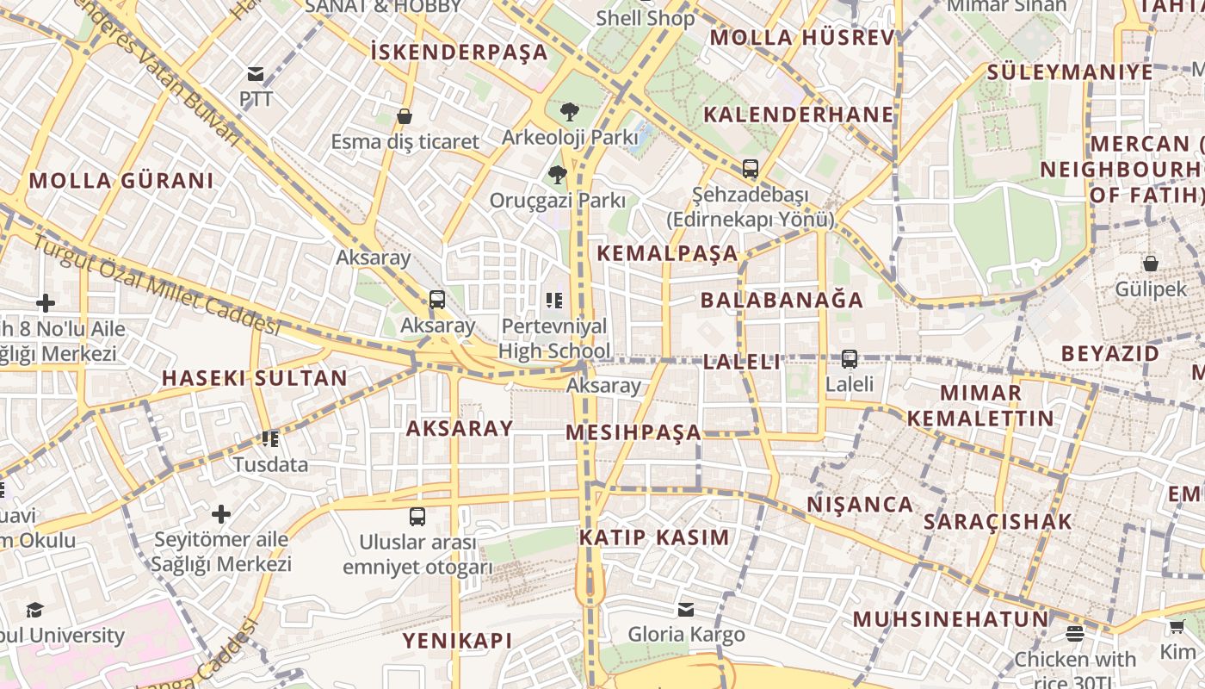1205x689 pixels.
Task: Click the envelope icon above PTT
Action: (x=256, y=73)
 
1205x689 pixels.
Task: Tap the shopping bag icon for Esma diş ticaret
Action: (x=405, y=115)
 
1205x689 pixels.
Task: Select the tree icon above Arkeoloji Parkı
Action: (x=569, y=110)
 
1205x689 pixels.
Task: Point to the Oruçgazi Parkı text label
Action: (x=558, y=201)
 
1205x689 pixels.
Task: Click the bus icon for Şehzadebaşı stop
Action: (x=751, y=168)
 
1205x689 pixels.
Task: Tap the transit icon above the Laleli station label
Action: (x=850, y=358)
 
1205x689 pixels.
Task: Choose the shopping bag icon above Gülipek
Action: (x=1151, y=263)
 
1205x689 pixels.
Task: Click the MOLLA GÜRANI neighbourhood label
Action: (x=120, y=181)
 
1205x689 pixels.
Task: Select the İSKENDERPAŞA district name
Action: (x=459, y=52)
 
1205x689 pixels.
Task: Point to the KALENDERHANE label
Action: (x=799, y=115)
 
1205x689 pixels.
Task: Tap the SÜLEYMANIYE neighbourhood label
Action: (x=1070, y=71)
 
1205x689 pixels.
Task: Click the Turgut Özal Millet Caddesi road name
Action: (x=157, y=283)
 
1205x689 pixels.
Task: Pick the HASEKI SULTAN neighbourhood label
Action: (x=255, y=377)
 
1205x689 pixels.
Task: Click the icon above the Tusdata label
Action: (x=270, y=439)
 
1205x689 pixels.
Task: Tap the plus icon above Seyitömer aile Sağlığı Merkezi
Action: (x=221, y=514)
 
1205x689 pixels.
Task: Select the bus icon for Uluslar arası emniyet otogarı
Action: (x=417, y=516)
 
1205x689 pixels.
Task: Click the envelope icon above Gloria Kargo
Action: (x=686, y=609)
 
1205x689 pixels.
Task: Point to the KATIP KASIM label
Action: (x=654, y=537)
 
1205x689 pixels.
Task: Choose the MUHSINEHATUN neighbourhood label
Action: (x=951, y=619)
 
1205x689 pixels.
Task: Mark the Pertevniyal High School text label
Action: (x=554, y=338)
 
